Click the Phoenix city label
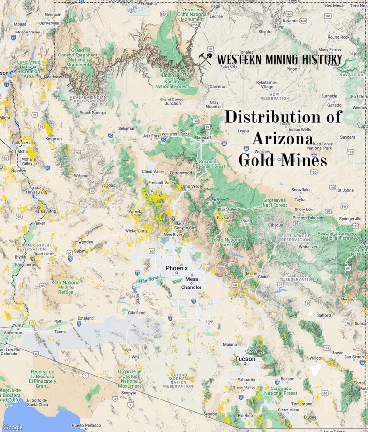pyautogui.click(x=177, y=268)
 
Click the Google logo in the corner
pyautogui.click(x=12, y=427)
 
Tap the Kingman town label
pyautogui.click(x=53, y=139)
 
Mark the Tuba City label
pyautogui.click(x=228, y=66)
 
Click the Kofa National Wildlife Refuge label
pyautogui.click(x=66, y=287)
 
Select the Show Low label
pyautogui.click(x=303, y=210)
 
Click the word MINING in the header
pyautogui.click(x=279, y=59)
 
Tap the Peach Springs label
pyautogui.click(x=92, y=113)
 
